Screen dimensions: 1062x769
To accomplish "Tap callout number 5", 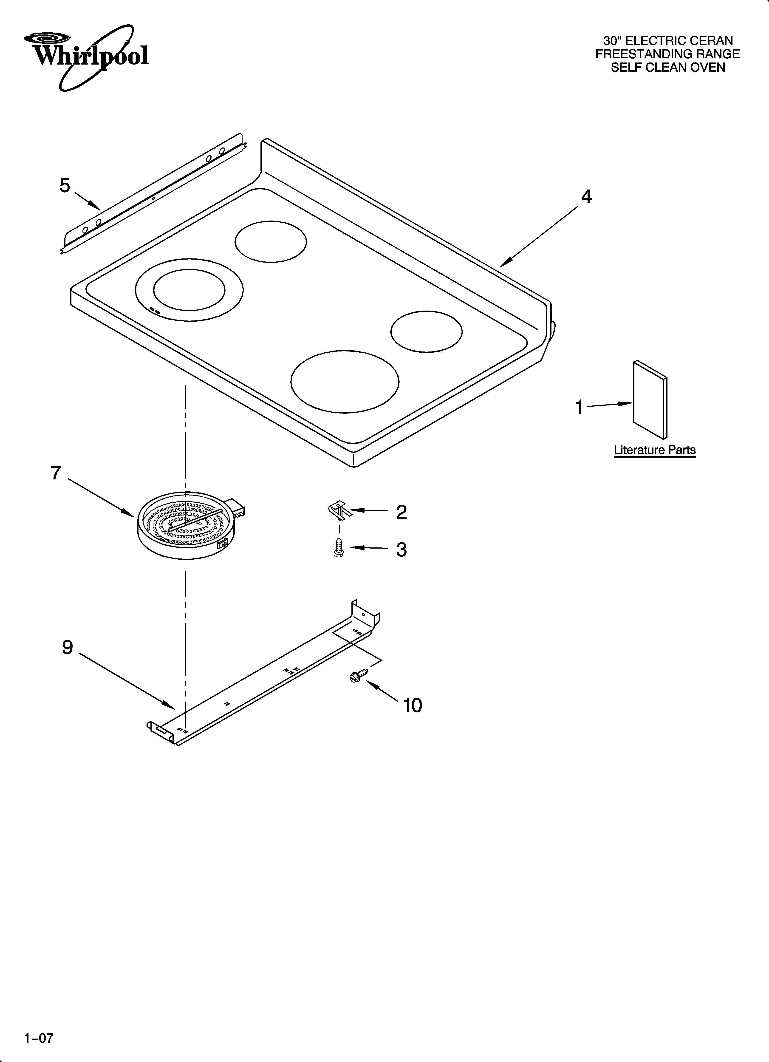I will coord(65,186).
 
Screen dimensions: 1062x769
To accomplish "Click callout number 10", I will coord(413,705).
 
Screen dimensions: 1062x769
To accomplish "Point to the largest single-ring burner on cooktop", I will coord(345,382).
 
